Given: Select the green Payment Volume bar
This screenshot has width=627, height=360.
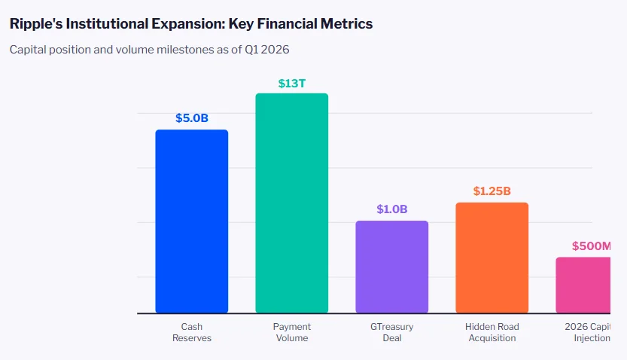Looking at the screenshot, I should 291,203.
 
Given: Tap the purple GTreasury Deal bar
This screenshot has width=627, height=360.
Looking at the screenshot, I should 391,267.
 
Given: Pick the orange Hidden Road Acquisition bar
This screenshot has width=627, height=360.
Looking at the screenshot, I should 492,258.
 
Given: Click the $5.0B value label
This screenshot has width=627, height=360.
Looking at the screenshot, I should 191,118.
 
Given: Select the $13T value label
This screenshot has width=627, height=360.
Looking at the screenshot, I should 291,83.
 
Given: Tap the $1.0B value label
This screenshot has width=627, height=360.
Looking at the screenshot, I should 391,209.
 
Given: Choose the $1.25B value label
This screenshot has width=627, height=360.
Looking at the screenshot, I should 492,191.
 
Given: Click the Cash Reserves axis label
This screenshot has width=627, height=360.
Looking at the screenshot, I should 191,333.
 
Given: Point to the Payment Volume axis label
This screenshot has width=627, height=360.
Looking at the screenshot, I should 291,333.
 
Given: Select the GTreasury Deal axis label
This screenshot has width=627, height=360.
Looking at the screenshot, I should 391,333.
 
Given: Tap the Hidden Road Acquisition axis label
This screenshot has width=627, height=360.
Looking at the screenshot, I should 492,333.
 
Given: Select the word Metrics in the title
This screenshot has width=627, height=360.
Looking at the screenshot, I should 346,24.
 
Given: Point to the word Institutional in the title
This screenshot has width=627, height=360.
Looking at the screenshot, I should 108,24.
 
